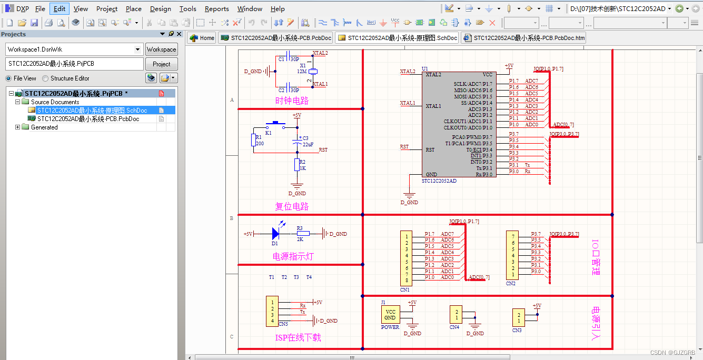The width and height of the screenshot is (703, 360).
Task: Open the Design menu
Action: point(160,8)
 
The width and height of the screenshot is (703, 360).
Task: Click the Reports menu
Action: point(216,8)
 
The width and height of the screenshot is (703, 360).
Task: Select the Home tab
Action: point(202,38)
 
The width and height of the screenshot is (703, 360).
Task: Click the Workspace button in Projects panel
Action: point(161,49)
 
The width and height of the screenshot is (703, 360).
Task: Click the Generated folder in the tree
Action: point(44,127)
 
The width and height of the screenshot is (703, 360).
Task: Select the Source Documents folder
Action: point(55,102)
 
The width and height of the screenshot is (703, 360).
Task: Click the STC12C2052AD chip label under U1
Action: point(439,181)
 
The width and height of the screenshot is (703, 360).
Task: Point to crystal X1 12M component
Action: point(313,72)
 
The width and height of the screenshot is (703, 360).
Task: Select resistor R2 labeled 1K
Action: point(297,165)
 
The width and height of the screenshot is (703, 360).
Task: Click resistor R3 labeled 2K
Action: point(302,233)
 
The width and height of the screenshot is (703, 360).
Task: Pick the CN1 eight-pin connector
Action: point(406,258)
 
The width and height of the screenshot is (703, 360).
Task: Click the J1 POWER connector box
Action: point(390,314)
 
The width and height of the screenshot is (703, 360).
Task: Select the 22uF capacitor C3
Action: point(297,142)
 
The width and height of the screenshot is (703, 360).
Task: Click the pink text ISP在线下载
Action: point(298,337)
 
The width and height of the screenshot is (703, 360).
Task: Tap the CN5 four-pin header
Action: point(272,311)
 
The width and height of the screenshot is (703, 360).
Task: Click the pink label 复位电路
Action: point(292,206)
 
